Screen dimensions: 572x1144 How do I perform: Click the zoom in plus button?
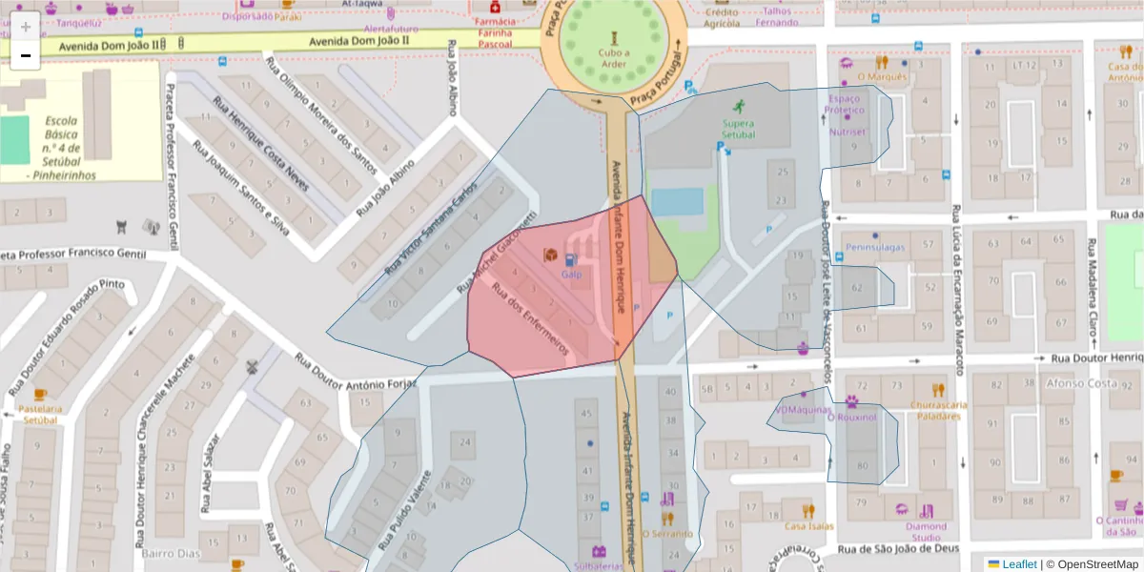point(25,27)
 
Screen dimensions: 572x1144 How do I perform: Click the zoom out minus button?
point(25,55)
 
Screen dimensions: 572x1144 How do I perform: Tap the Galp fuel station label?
point(571,275)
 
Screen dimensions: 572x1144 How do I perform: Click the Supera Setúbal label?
point(738,129)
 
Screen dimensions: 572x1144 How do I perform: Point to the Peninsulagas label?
point(874,247)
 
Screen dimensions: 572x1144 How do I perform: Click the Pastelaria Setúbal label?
point(41,414)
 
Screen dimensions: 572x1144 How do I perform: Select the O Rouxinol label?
point(851,417)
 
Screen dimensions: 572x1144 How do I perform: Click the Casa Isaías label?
point(808,525)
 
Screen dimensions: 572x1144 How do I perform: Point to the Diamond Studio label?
point(926,531)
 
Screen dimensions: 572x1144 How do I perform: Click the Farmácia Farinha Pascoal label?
point(494,32)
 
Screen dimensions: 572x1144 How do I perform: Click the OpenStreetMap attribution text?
point(1092,564)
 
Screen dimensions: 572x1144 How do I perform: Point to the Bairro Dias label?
point(170,553)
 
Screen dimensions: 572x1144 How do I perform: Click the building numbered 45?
point(586,413)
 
